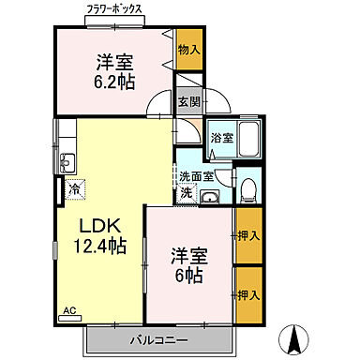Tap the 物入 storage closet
(x=189, y=49)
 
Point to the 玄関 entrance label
(x=188, y=102)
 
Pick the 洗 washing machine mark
(x=187, y=192)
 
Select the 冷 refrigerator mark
(x=75, y=189)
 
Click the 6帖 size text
(x=187, y=276)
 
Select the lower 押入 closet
(x=247, y=294)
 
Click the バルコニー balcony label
(x=158, y=338)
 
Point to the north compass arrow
(x=296, y=337)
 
